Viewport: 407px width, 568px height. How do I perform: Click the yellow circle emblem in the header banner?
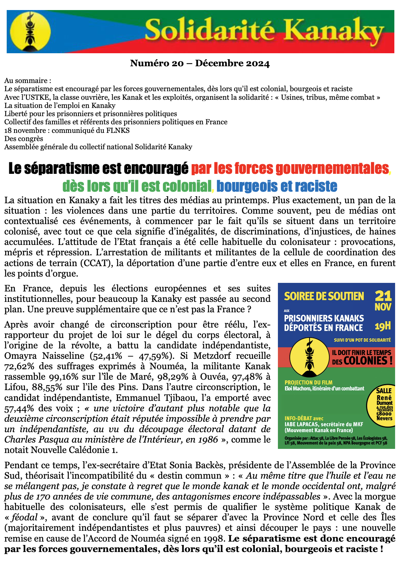point(30,31)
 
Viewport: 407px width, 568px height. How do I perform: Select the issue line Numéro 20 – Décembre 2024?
point(200,63)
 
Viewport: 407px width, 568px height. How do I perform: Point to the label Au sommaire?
point(28,81)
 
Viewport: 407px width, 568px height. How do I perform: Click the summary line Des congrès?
point(24,138)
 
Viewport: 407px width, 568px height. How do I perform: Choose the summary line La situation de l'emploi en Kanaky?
point(60,105)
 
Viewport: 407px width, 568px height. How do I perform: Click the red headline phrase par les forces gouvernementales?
point(290,169)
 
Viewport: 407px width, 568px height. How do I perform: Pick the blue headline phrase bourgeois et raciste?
point(277,186)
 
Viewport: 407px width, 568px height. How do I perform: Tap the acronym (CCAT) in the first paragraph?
point(94,263)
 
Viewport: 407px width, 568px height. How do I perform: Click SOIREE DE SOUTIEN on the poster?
point(324,296)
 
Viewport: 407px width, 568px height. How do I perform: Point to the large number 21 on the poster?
point(383,296)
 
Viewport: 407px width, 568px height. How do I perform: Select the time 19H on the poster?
point(383,326)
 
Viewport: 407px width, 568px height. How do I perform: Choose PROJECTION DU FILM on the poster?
point(308,382)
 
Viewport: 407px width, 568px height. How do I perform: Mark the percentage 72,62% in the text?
point(19,366)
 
